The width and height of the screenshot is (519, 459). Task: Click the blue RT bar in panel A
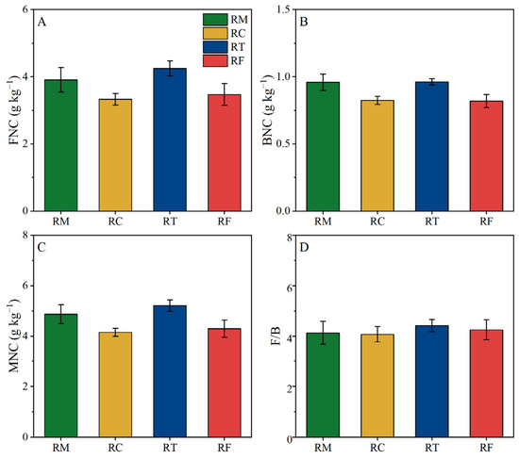coord(170,139)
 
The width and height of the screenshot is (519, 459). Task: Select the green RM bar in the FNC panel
coord(61,145)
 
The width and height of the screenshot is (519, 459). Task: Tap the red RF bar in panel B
coord(486,156)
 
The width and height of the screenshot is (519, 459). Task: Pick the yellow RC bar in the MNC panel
coord(115,385)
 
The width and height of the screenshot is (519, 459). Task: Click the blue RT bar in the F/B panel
coord(432,382)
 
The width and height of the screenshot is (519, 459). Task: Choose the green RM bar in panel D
coord(323,385)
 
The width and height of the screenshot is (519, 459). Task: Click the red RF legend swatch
coord(215,61)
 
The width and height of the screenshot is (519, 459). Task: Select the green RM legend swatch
coord(215,20)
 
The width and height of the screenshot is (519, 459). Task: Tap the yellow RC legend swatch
coord(215,33)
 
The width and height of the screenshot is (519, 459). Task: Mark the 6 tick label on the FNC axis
coord(25,9)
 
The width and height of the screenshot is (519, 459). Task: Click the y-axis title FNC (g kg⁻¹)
coord(14,111)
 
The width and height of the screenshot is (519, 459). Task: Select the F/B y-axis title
coord(276,336)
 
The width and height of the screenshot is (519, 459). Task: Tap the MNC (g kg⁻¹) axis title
coord(14,336)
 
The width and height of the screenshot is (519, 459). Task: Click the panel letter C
coord(42,247)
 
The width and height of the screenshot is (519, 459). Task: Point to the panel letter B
coord(304,22)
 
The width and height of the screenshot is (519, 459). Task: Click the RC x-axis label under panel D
coord(377,448)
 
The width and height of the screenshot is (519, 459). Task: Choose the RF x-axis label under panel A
coord(225,221)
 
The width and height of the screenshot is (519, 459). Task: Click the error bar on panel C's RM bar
coord(61,314)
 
